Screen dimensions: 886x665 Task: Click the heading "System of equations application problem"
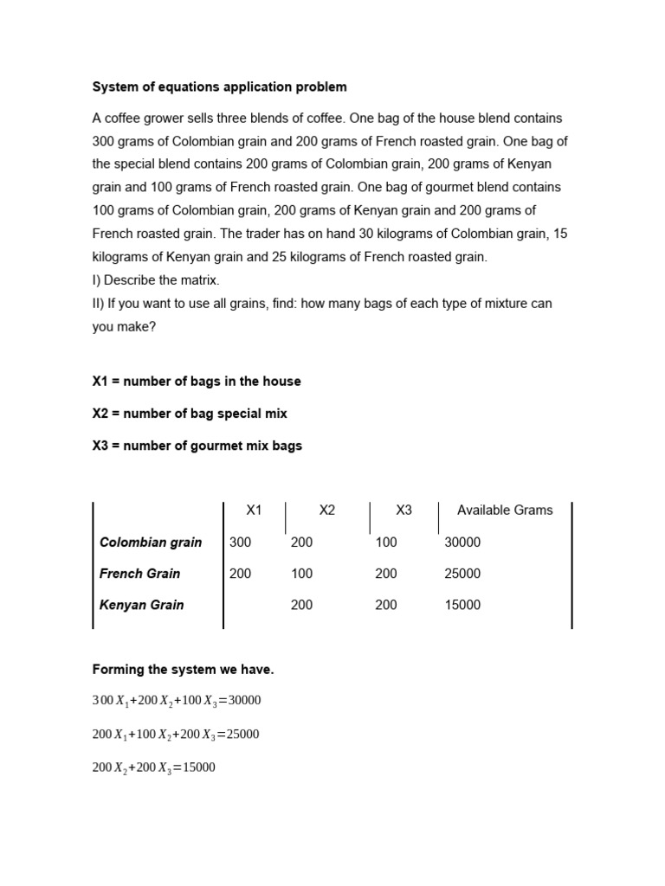coord(219,87)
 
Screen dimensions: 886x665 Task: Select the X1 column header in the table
coord(254,510)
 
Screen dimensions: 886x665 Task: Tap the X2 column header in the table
coord(326,510)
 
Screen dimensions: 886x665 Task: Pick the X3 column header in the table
coord(404,510)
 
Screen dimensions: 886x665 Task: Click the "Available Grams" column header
coord(505,510)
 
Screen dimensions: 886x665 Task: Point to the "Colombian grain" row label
coord(151,543)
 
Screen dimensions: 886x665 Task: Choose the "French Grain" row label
coord(140,574)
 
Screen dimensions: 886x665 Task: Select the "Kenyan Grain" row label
coord(142,606)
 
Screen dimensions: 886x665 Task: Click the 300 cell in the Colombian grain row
coord(240,543)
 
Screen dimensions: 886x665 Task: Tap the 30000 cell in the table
coord(462,543)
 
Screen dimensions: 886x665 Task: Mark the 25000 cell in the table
coord(462,574)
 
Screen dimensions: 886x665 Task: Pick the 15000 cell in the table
coord(462,606)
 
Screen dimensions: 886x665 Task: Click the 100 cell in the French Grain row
coord(301,574)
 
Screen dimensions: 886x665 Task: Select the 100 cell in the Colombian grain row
coord(386,543)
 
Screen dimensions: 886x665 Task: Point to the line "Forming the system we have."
coord(183,670)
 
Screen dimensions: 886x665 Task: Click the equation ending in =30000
coord(177,702)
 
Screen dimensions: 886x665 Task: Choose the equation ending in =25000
coord(176,735)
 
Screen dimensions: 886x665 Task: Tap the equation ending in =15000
coord(154,767)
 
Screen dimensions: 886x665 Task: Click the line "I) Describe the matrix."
coord(155,280)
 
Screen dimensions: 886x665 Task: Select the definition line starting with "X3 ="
coord(197,446)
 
